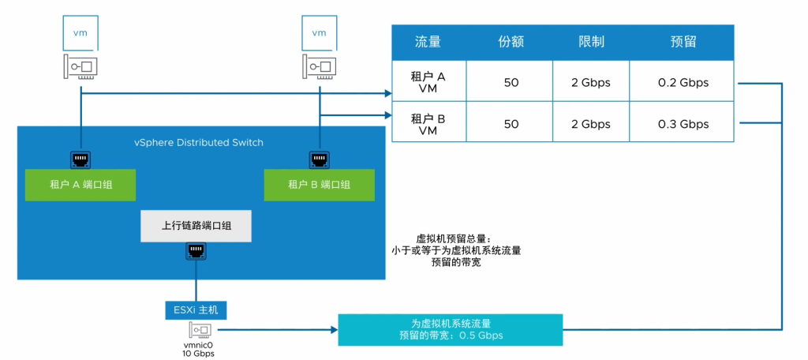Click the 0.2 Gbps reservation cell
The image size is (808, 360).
point(683,83)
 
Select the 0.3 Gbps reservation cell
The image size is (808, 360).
point(683,124)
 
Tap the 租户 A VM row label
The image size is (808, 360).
point(428,83)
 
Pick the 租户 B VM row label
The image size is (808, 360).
point(428,124)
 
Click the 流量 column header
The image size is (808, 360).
point(428,42)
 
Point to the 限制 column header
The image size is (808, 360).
point(591,42)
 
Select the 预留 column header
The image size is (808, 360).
point(683,42)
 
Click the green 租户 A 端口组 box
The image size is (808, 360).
point(80,185)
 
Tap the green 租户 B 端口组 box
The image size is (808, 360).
point(319,185)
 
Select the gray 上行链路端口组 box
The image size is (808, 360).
point(196,226)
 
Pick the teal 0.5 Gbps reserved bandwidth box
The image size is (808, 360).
point(450,329)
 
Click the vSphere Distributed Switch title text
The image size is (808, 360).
point(198,143)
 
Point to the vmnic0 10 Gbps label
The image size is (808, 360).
point(198,348)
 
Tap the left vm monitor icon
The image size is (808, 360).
point(80,33)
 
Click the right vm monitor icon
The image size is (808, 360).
point(319,33)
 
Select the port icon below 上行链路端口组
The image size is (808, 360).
point(196,252)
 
